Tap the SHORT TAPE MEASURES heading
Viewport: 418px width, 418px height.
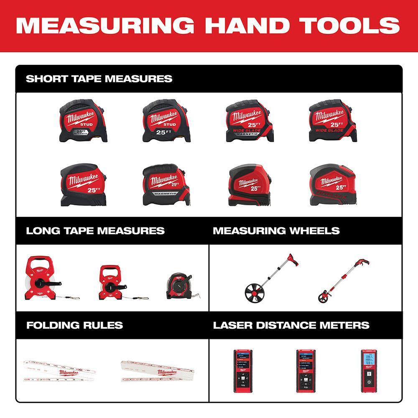[99, 79]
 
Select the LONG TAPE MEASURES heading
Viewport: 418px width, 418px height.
[95, 231]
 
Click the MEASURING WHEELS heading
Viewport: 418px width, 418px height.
[276, 231]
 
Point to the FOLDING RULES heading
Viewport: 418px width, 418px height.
[74, 325]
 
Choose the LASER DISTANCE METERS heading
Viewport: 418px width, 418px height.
[291, 325]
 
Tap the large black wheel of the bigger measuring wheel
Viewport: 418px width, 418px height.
[255, 292]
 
